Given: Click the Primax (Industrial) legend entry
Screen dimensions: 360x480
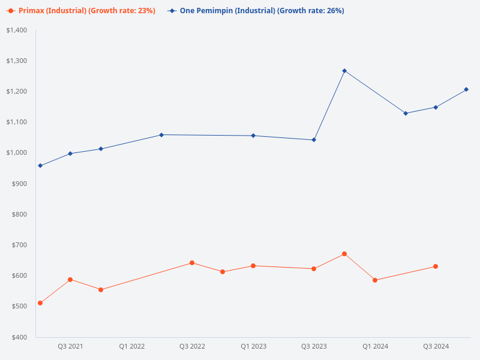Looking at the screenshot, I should [80, 11].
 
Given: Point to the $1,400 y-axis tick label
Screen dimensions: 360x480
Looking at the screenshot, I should [17, 30].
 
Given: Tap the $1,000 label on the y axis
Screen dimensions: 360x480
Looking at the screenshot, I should [17, 152].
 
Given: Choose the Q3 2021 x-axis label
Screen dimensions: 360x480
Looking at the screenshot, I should [70, 346].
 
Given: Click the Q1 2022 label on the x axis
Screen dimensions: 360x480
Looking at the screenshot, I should [131, 346].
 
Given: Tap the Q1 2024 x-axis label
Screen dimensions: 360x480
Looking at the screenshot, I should [375, 346].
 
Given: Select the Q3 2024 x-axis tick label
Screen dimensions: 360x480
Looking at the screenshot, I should [436, 346].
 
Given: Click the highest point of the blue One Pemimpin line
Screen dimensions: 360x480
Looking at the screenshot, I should [344, 71].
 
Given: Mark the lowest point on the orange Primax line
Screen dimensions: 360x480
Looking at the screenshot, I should [40, 303].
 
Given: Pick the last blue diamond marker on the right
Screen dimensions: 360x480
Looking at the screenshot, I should [466, 89].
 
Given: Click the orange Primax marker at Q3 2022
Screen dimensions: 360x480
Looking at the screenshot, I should [192, 263].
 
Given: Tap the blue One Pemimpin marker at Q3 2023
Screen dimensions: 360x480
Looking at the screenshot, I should [314, 140].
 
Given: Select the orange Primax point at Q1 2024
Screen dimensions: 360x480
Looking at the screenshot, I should [375, 280].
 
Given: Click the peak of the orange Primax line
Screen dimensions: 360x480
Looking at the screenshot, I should [344, 254].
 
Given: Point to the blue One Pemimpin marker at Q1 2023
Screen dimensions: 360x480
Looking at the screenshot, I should [253, 136].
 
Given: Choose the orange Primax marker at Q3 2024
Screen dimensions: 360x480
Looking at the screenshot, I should [436, 266].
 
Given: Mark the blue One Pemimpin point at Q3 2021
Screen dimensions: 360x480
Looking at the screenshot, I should [70, 154].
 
